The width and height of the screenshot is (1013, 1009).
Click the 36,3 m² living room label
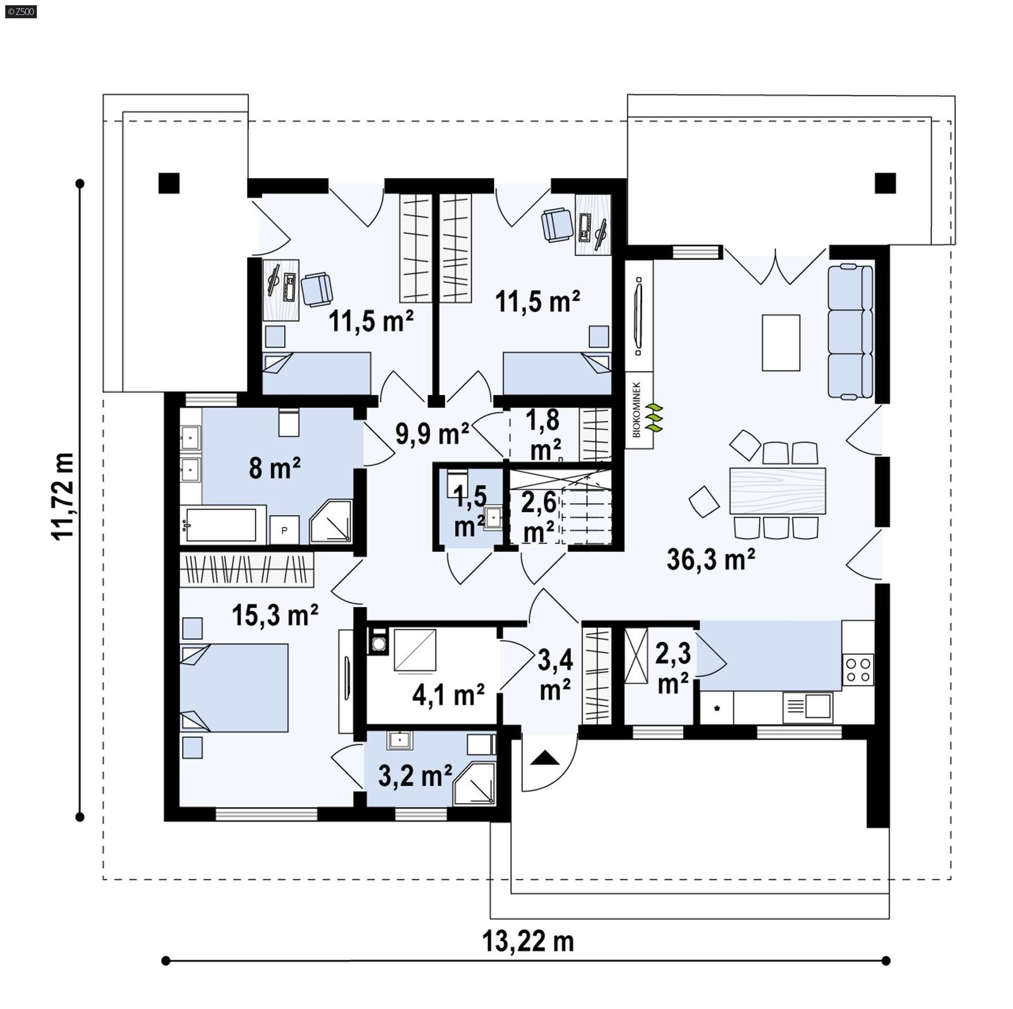point(710,560)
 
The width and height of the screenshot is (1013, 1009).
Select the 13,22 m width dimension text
point(528,941)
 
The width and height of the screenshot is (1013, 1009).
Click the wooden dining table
point(777,491)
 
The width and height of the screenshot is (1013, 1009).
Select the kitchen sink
point(807,706)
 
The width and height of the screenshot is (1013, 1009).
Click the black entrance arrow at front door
point(543,758)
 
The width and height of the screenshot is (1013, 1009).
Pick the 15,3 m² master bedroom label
point(275,615)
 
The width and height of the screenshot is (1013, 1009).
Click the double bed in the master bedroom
point(234,688)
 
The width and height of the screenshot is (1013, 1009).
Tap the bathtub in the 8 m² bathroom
point(222,525)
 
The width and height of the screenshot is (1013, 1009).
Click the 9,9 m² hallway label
point(432,434)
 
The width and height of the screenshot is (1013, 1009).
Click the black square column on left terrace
point(169,184)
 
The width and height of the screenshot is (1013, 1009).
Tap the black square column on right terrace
point(885,184)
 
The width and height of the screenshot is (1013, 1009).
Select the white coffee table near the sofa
point(781,342)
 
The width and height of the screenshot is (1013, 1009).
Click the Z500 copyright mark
point(20,11)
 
